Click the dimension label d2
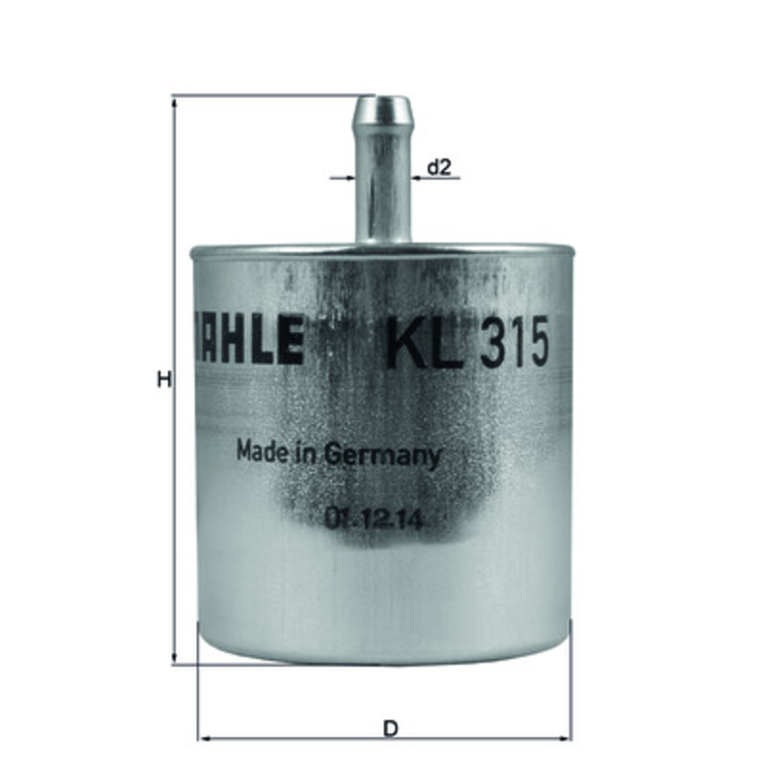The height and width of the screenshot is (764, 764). click(x=438, y=168)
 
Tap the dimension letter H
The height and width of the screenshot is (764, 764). click(x=163, y=380)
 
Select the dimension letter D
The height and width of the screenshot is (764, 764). click(x=390, y=728)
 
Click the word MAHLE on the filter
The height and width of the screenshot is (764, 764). click(x=247, y=341)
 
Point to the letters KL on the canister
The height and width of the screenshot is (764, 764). click(x=410, y=344)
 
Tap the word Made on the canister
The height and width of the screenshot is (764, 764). click(x=259, y=451)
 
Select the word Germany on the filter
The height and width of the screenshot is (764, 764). click(x=385, y=455)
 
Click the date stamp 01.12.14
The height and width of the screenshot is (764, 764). click(x=373, y=520)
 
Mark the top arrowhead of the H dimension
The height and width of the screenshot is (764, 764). click(x=175, y=101)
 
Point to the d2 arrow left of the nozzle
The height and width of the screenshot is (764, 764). click(x=350, y=178)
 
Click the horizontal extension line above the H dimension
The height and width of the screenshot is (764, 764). click(x=267, y=95)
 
